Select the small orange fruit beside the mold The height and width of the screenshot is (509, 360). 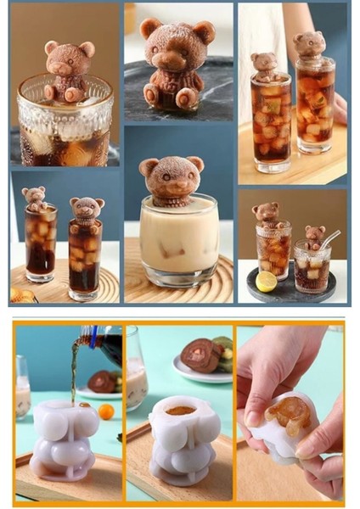pyautogui.click(x=106, y=411)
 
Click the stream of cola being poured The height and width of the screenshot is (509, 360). pyautogui.click(x=75, y=373)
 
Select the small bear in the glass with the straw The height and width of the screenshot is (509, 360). pyautogui.click(x=314, y=235)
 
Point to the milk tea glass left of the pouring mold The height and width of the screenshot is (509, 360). pyautogui.click(x=22, y=395)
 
